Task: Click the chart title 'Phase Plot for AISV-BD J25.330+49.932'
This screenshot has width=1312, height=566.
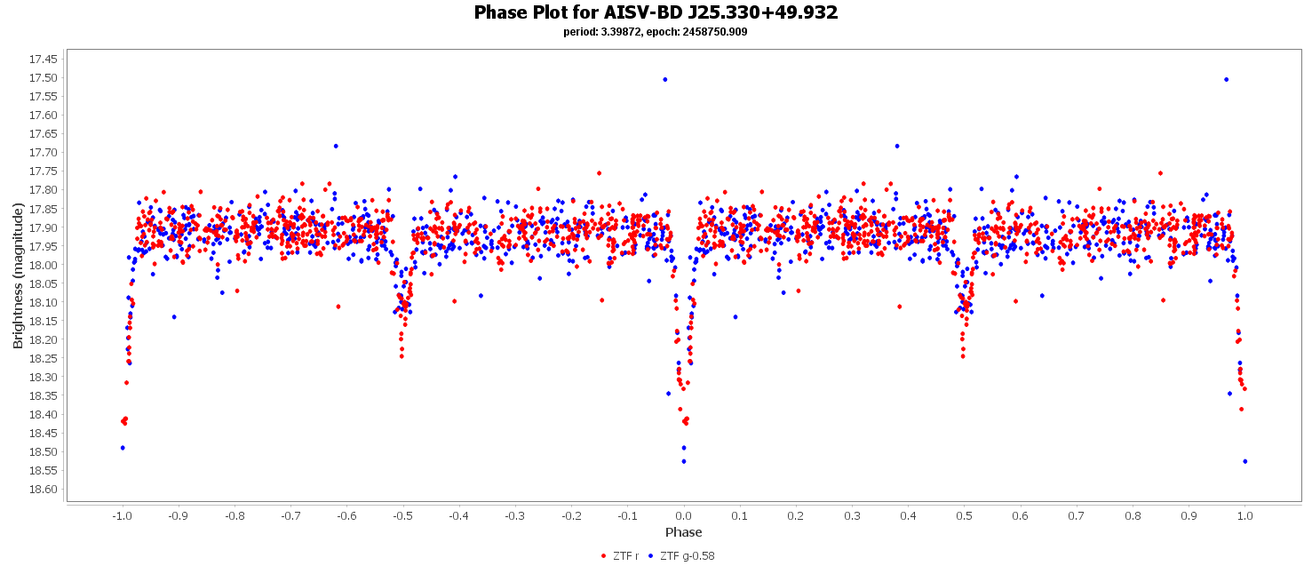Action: pos(656,12)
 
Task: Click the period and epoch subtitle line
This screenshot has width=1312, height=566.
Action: pos(656,32)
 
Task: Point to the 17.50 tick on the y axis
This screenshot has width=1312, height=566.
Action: pos(44,78)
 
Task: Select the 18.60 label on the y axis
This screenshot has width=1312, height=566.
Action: pos(44,490)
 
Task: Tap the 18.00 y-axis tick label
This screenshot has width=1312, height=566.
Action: pos(44,266)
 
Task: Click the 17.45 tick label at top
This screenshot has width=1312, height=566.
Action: pos(44,60)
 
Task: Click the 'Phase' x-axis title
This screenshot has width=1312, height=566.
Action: pos(683,532)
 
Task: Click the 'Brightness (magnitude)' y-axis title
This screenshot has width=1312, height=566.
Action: pos(19,275)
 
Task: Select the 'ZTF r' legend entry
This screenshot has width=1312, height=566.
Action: pos(619,556)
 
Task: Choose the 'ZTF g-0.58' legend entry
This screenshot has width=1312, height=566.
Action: pos(680,556)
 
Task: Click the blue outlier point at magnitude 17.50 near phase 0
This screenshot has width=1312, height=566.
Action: pos(664,79)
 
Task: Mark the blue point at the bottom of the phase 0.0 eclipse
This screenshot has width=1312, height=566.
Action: pos(684,461)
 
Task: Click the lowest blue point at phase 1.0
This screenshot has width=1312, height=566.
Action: pos(1245,461)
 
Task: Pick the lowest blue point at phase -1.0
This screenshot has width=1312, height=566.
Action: pos(123,448)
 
